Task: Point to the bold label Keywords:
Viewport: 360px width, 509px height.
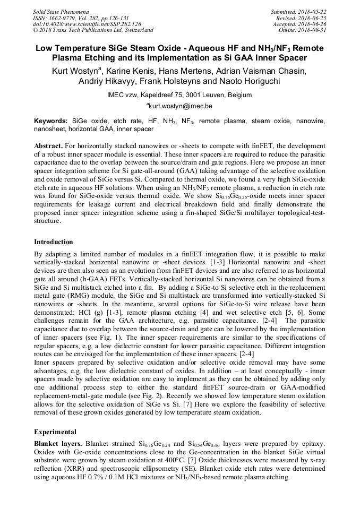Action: click(51, 121)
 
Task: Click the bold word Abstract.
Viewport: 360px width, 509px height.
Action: click(48, 145)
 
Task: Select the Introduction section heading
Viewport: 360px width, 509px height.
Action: click(54, 242)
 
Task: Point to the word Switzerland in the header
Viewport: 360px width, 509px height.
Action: click(135, 30)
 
